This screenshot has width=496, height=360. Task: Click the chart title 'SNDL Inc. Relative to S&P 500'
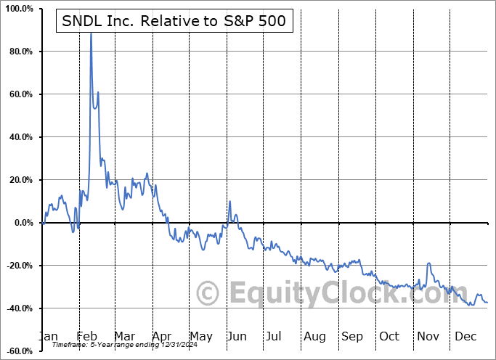[175, 22]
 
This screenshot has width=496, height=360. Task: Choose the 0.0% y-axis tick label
[22, 223]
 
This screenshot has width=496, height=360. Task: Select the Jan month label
[48, 336]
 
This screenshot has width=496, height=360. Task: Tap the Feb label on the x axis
[86, 336]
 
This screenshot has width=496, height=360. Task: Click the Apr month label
[161, 336]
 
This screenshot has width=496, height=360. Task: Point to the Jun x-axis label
[237, 336]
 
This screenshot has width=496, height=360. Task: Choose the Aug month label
[314, 336]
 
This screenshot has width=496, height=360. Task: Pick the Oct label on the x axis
[389, 336]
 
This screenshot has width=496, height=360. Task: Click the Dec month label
[465, 336]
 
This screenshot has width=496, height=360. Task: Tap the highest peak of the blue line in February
[91, 33]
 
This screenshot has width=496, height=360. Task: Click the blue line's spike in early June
[229, 201]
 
